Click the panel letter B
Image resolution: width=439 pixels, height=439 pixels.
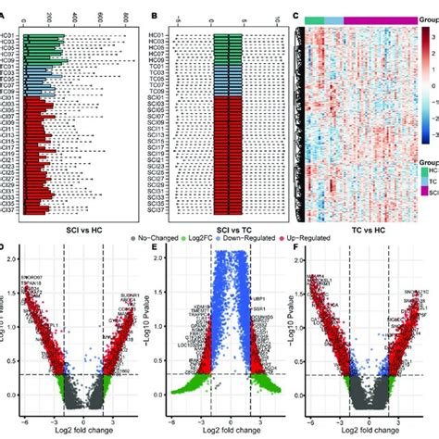coord(151,15)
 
